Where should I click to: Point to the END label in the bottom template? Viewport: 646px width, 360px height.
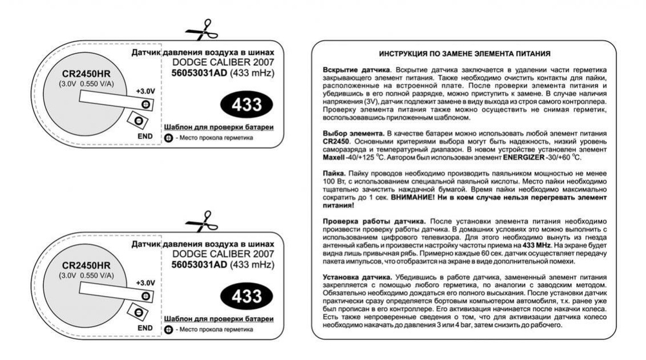[145, 328]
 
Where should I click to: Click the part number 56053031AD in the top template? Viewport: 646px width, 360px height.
[199, 75]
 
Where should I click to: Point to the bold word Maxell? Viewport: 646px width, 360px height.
[334, 158]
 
